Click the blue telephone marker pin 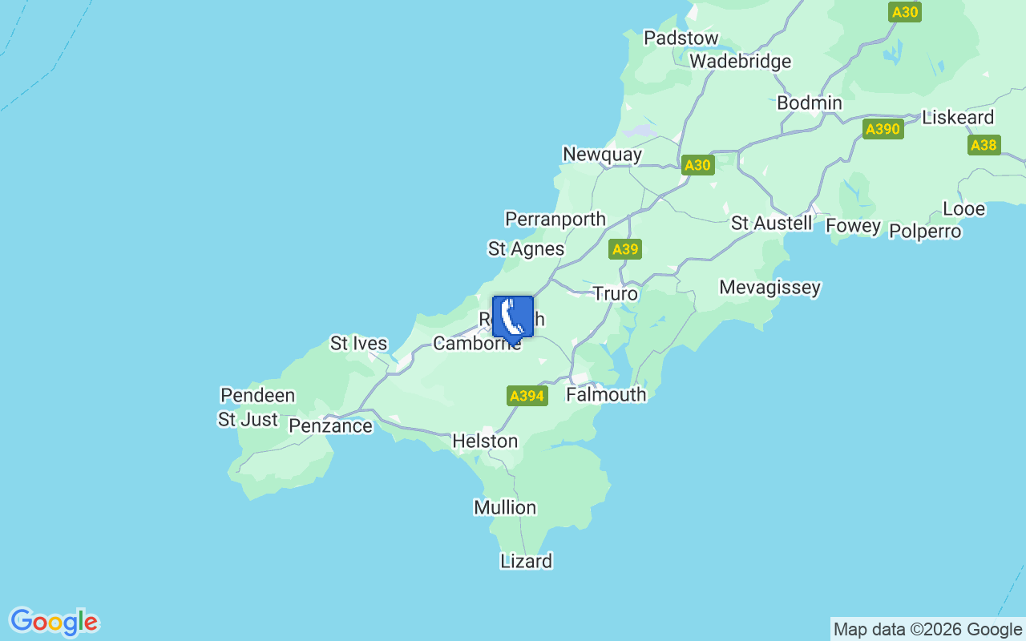[x=513, y=318]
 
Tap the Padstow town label [x=681, y=38]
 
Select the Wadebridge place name [x=740, y=62]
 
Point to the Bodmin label [x=810, y=103]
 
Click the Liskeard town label [x=958, y=118]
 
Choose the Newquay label [x=602, y=155]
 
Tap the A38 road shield [x=984, y=145]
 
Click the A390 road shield [x=883, y=129]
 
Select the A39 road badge [x=624, y=249]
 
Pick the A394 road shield [x=527, y=396]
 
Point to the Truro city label [x=615, y=294]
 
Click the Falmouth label [x=606, y=395]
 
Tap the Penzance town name [x=330, y=426]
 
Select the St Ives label [x=358, y=345]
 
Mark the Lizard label [x=526, y=562]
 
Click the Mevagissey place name [x=769, y=288]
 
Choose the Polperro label [x=925, y=232]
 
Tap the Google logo [x=54, y=622]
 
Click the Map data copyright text [x=927, y=630]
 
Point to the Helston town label [x=485, y=441]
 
